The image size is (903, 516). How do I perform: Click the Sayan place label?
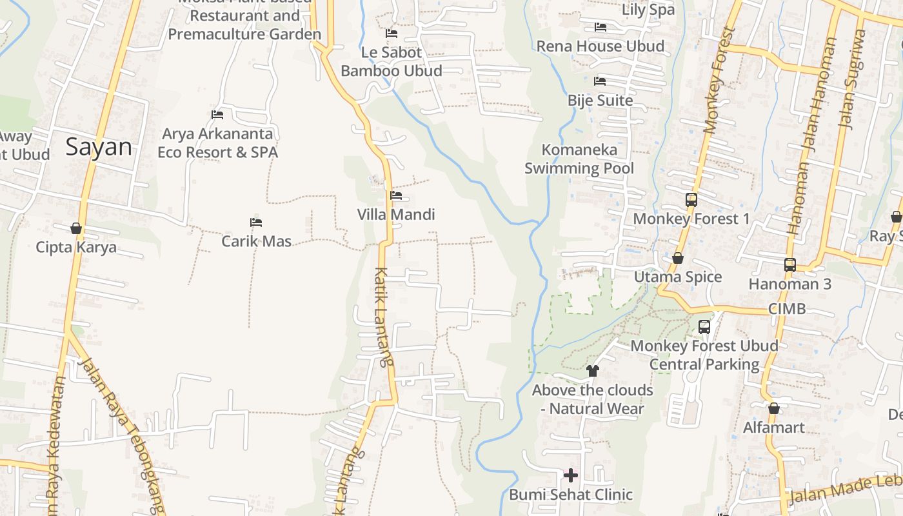(99, 147)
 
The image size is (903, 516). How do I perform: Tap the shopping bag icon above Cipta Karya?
(76, 228)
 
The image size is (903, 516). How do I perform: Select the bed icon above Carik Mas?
(256, 223)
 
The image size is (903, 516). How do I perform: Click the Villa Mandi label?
(396, 214)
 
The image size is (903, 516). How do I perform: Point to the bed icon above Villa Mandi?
(396, 195)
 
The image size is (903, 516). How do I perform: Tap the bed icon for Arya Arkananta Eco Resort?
(217, 115)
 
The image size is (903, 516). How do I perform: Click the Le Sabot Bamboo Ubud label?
(391, 61)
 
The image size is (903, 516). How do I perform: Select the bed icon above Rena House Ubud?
(600, 27)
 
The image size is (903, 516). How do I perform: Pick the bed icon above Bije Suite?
(600, 81)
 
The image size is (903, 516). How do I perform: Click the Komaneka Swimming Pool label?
(579, 159)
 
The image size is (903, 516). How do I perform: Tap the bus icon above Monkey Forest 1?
(691, 199)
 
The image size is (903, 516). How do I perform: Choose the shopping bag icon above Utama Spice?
(678, 258)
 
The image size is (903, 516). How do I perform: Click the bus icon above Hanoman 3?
(790, 264)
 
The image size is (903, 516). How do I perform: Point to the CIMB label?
(787, 309)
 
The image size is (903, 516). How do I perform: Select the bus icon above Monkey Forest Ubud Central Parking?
(704, 327)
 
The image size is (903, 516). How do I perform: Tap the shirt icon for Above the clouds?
(593, 371)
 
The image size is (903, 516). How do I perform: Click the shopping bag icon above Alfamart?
(774, 408)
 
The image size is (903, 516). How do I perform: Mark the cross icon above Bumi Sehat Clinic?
(571, 475)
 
